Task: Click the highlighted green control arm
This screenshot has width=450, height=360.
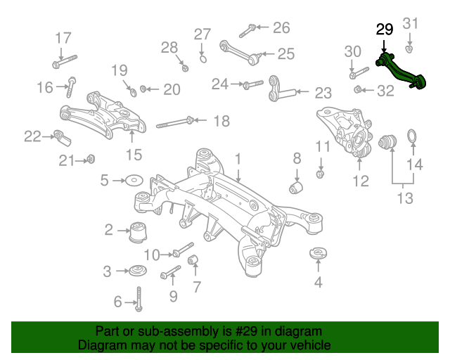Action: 401,71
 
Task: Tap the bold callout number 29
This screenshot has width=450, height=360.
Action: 385,30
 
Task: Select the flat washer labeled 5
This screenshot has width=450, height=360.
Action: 134,180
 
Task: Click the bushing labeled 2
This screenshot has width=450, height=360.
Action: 138,232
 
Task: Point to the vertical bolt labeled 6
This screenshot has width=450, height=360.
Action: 139,299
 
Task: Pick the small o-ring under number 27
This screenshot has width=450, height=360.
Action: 203,59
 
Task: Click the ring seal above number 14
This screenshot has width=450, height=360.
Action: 413,136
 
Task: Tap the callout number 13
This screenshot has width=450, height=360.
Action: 405,198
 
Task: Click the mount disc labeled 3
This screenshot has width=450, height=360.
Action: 138,271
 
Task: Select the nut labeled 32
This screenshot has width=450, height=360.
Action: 357,89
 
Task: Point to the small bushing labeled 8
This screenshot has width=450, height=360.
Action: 296,187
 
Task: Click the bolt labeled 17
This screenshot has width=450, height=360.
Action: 65,62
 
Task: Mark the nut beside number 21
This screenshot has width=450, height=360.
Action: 91,159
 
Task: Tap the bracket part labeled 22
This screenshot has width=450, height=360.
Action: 62,138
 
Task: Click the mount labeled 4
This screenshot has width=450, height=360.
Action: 319,253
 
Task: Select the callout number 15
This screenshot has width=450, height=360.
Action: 134,155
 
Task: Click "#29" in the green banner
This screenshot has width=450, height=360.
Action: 246,332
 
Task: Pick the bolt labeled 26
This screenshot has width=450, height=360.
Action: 247,31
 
